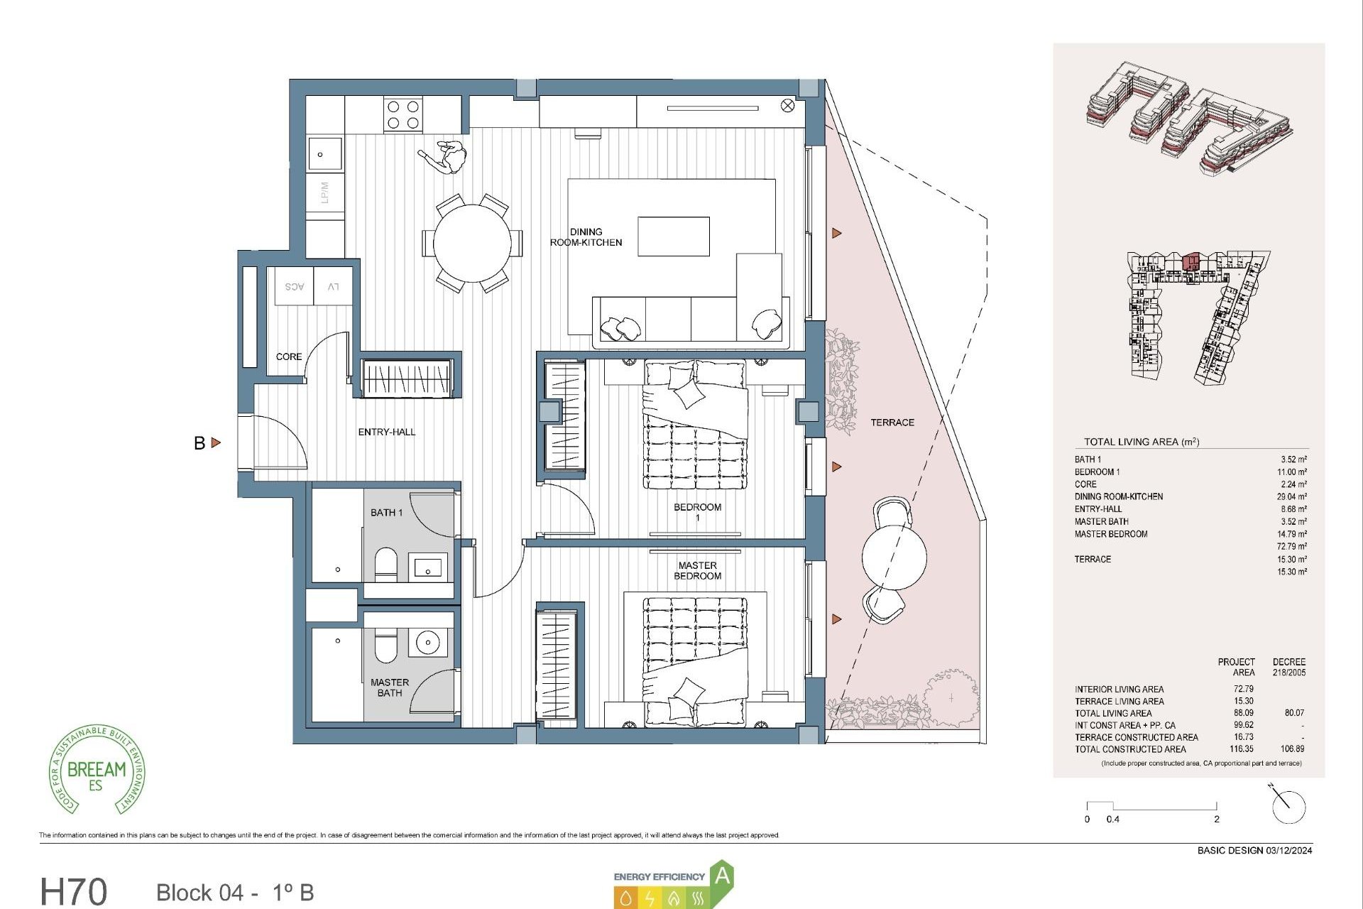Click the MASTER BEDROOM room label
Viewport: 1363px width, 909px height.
pyautogui.click(x=697, y=570)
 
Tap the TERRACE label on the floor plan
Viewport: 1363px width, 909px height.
pyautogui.click(x=892, y=423)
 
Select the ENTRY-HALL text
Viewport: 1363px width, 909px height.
pyautogui.click(x=386, y=432)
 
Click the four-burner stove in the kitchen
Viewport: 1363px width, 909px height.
pyautogui.click(x=403, y=115)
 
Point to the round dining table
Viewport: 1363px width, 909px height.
pyautogui.click(x=472, y=243)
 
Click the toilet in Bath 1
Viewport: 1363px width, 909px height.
pyautogui.click(x=385, y=564)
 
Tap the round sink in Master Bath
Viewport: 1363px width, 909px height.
pyautogui.click(x=428, y=643)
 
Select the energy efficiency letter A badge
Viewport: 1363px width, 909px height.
pyautogui.click(x=721, y=876)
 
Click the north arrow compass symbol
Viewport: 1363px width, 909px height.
pyautogui.click(x=1288, y=806)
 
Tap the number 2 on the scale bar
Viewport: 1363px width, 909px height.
pyautogui.click(x=1216, y=819)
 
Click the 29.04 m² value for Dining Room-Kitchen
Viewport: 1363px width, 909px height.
pyautogui.click(x=1291, y=496)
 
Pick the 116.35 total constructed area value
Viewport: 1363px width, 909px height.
pyautogui.click(x=1242, y=749)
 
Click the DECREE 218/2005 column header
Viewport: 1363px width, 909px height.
pyautogui.click(x=1288, y=667)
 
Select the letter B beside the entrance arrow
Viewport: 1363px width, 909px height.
pyautogui.click(x=199, y=443)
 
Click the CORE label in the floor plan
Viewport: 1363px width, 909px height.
pyautogui.click(x=288, y=356)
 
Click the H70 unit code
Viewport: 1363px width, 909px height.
pyautogui.click(x=74, y=891)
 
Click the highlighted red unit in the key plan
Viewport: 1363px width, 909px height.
pyautogui.click(x=1190, y=261)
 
